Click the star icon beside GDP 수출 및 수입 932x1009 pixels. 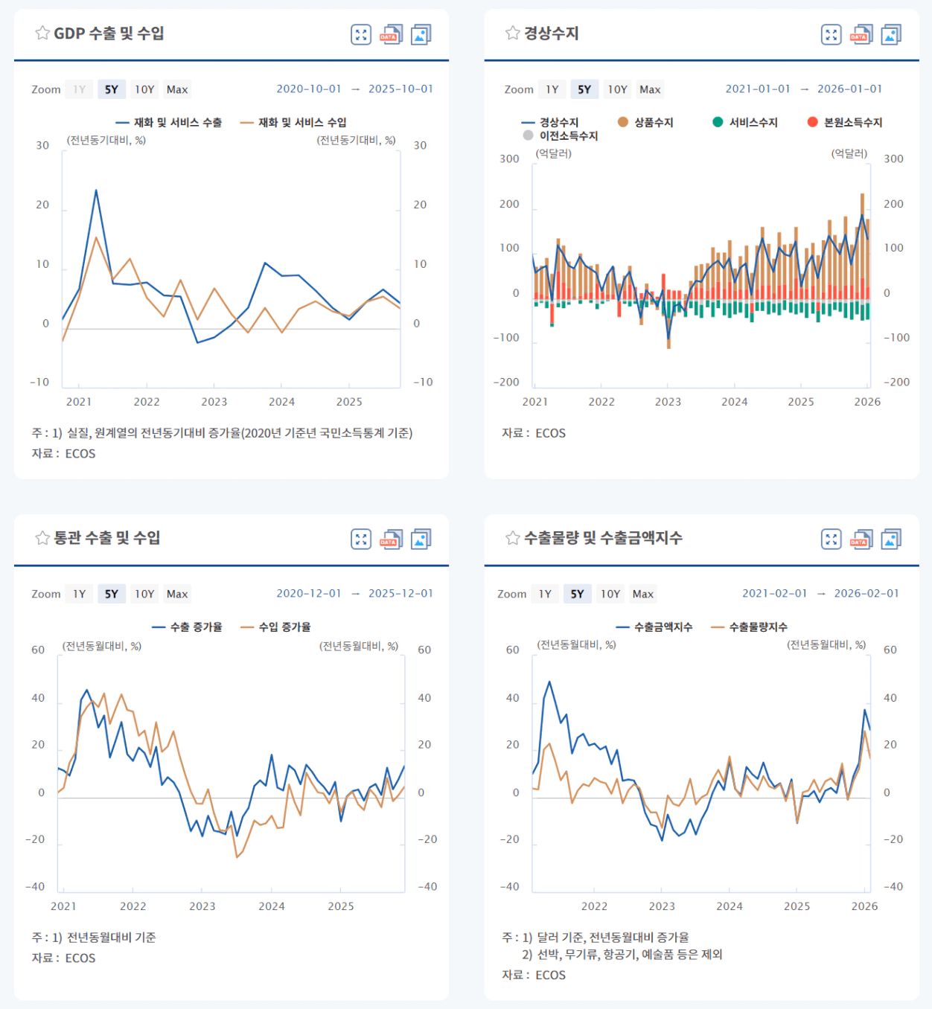coord(42,33)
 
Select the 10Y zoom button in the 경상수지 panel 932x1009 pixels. coord(617,89)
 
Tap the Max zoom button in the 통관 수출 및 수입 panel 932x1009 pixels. coord(177,594)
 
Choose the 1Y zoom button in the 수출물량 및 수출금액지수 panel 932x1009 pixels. coord(545,594)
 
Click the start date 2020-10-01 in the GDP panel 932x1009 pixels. coord(309,89)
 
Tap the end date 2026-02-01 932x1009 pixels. coord(866,593)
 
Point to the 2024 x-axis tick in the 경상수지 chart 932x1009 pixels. coord(734,402)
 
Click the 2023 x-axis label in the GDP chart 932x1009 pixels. coord(214,402)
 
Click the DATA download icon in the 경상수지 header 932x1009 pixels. coord(861,34)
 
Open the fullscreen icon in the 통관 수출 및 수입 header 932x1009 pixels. coord(361,539)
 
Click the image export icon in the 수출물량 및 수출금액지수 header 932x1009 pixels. coord(891,539)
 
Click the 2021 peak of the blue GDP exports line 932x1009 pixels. coord(96,190)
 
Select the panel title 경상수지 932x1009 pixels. coord(551,33)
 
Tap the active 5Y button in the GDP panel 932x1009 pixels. coord(112,89)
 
